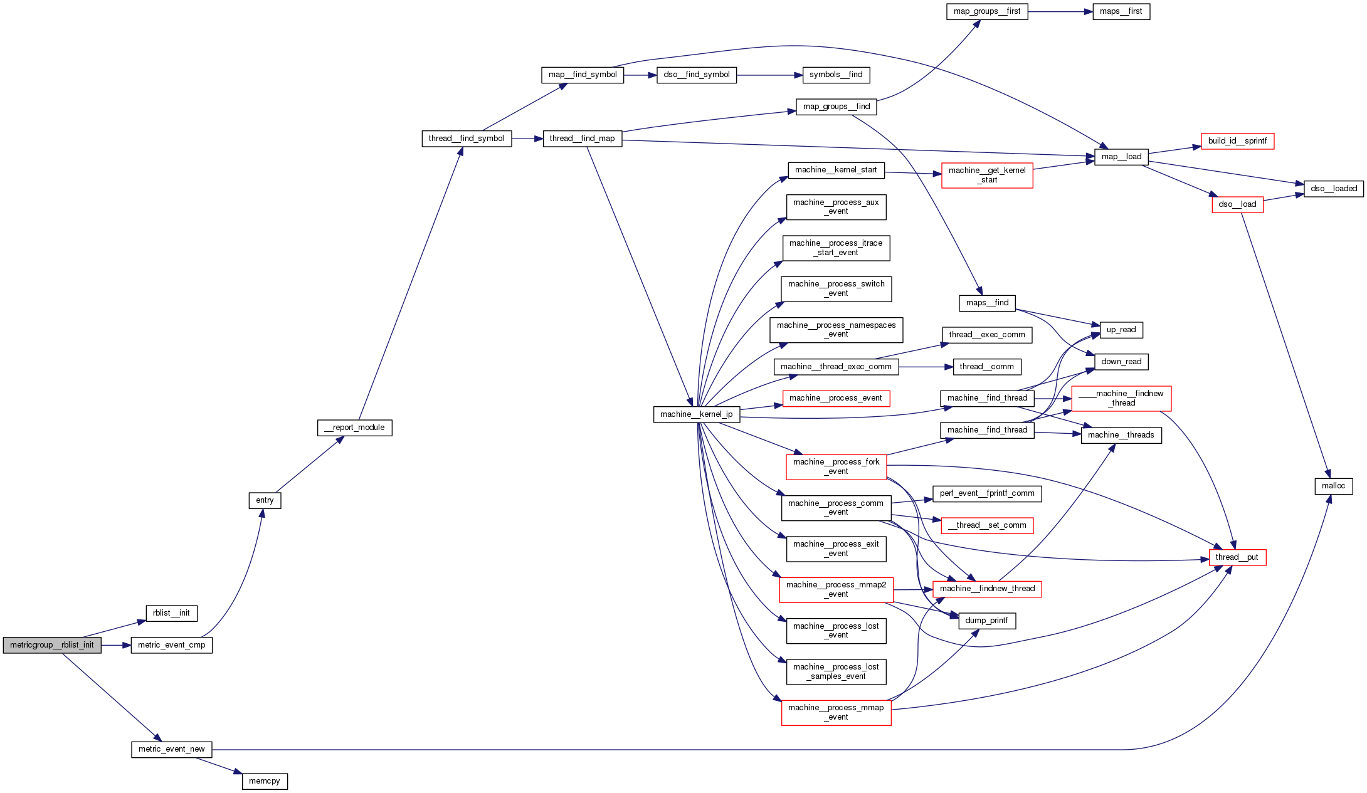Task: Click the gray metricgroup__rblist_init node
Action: point(52,645)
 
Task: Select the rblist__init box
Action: point(171,613)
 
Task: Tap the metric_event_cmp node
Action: point(171,645)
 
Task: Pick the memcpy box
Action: point(265,781)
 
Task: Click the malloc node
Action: point(1333,486)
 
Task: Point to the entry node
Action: point(265,500)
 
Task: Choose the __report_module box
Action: point(354,428)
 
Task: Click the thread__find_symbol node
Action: point(466,139)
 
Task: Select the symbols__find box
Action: point(836,75)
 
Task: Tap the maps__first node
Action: point(1121,11)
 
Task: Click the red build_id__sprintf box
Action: point(1237,141)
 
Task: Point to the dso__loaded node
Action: point(1333,189)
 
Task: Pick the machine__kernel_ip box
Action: point(696,414)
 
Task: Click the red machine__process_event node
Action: point(835,398)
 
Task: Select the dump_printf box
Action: point(986,621)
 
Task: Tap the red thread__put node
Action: point(1237,557)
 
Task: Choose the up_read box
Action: point(1121,330)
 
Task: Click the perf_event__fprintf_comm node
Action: point(987,493)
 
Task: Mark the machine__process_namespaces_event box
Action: point(836,330)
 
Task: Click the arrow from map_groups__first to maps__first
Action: point(1060,11)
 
